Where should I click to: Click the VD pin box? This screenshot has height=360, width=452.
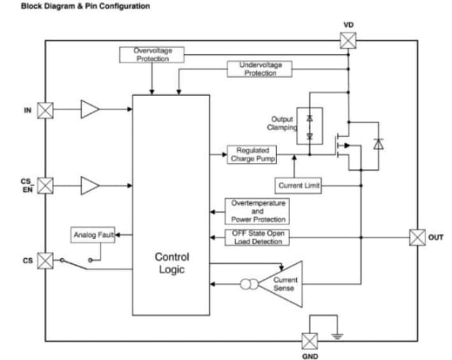348,40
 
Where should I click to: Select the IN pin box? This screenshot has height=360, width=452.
45,111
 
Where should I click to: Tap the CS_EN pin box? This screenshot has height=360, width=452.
45,185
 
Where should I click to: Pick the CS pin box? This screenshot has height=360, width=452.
45,260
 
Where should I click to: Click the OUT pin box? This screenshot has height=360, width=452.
417,237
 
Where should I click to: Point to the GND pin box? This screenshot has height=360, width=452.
310,341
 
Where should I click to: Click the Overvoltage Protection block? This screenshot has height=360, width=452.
152,55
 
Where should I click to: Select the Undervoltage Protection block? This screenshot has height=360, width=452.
260,69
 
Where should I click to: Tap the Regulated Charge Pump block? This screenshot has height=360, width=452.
252,155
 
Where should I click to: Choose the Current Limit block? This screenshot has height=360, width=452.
298,185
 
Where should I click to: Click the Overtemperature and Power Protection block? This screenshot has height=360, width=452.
257,211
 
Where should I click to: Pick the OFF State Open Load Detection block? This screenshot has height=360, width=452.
257,237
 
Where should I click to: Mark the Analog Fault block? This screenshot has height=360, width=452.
93,235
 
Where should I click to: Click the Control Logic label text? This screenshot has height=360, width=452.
172,263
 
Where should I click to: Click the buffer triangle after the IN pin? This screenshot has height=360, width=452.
89,109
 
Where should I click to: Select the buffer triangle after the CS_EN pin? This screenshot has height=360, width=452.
89,185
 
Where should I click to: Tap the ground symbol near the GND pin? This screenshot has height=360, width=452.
337,336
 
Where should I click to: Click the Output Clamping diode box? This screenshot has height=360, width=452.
310,126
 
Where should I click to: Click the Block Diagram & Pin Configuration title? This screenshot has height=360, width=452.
86,6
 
